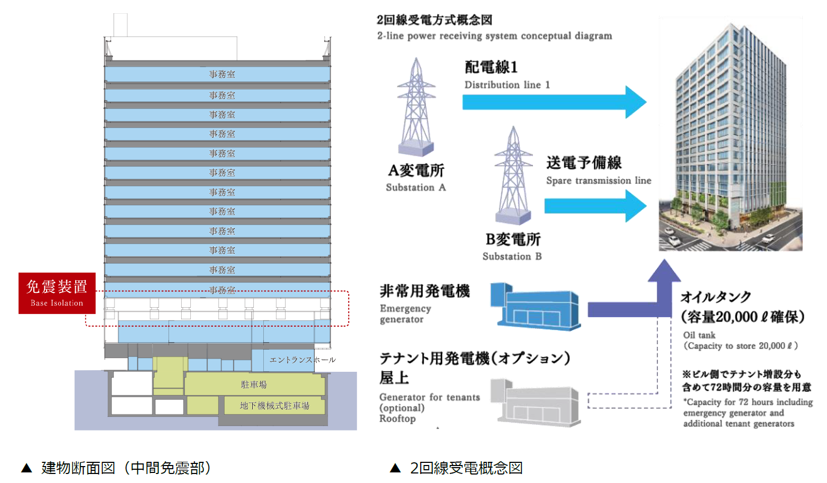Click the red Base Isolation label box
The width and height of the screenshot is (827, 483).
tap(57, 293)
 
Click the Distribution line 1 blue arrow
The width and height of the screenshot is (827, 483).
tap(554, 102)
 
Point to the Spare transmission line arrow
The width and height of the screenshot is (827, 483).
tap(595, 205)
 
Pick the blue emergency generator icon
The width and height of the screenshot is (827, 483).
tap(535, 307)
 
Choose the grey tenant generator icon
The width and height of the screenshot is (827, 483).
tap(535, 402)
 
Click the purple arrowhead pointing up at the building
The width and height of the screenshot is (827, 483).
tap(664, 271)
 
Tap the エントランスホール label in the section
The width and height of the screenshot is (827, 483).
tap(303, 360)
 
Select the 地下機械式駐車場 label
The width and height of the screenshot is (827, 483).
tap(274, 406)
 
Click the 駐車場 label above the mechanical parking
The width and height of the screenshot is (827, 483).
tap(254, 384)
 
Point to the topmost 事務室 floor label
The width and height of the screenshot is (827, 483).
tap(222, 75)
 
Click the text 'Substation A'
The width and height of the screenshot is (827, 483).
tap(416, 187)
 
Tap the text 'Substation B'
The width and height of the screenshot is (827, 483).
tap(512, 256)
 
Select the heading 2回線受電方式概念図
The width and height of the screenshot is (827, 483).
tap(434, 20)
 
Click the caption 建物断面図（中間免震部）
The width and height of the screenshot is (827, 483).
tap(126, 468)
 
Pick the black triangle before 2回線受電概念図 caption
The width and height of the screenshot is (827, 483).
tap(395, 468)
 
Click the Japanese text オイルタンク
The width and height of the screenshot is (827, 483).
tap(716, 297)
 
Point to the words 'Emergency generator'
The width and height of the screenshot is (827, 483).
tap(405, 314)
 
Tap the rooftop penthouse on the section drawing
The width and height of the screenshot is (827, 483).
tap(171, 49)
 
